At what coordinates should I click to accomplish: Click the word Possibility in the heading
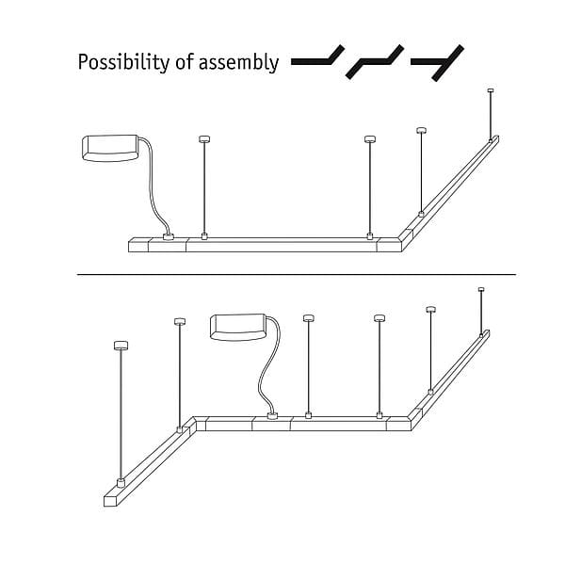(124, 62)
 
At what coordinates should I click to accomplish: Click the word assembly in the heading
(238, 62)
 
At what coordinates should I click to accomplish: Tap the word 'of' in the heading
(185, 61)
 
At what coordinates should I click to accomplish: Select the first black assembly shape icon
(317, 57)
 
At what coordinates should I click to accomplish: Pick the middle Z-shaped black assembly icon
(375, 61)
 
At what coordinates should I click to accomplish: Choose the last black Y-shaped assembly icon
(438, 63)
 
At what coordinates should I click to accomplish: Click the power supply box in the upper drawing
(110, 148)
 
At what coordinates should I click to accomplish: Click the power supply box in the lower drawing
(238, 327)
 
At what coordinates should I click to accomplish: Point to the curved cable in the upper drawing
(152, 187)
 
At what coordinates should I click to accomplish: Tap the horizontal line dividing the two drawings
(297, 275)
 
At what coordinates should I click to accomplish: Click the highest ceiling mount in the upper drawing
(490, 90)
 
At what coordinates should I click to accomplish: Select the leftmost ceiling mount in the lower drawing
(121, 346)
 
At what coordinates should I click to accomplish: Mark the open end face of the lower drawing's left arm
(110, 501)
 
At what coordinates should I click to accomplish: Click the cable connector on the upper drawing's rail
(169, 236)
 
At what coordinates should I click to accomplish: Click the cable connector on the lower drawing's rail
(272, 416)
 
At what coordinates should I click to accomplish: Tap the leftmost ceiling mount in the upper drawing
(204, 139)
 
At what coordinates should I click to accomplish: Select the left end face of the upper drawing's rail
(139, 246)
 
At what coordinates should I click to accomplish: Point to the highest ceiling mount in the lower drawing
(481, 289)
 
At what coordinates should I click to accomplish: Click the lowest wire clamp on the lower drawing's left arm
(121, 482)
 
